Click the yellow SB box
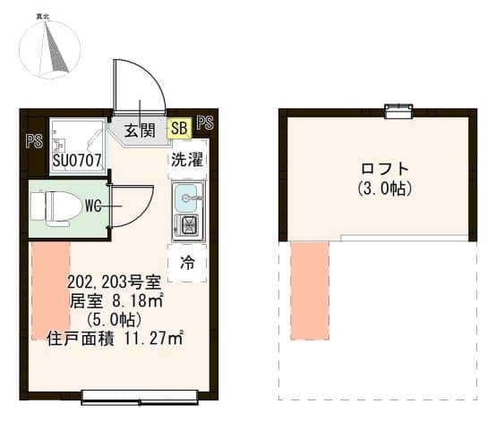(179, 128)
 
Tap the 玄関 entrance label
(139, 130)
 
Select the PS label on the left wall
(34, 141)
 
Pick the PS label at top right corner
(205, 122)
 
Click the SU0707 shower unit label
(77, 160)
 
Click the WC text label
(93, 206)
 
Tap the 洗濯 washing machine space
(187, 159)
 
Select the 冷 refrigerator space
(187, 263)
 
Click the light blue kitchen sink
(188, 198)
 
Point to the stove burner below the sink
(188, 226)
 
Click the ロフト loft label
(384, 169)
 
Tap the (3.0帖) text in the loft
(385, 189)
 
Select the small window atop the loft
(398, 111)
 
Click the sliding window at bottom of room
(140, 398)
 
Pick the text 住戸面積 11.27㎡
(115, 339)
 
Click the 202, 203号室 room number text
(115, 282)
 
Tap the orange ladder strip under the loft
(310, 290)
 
